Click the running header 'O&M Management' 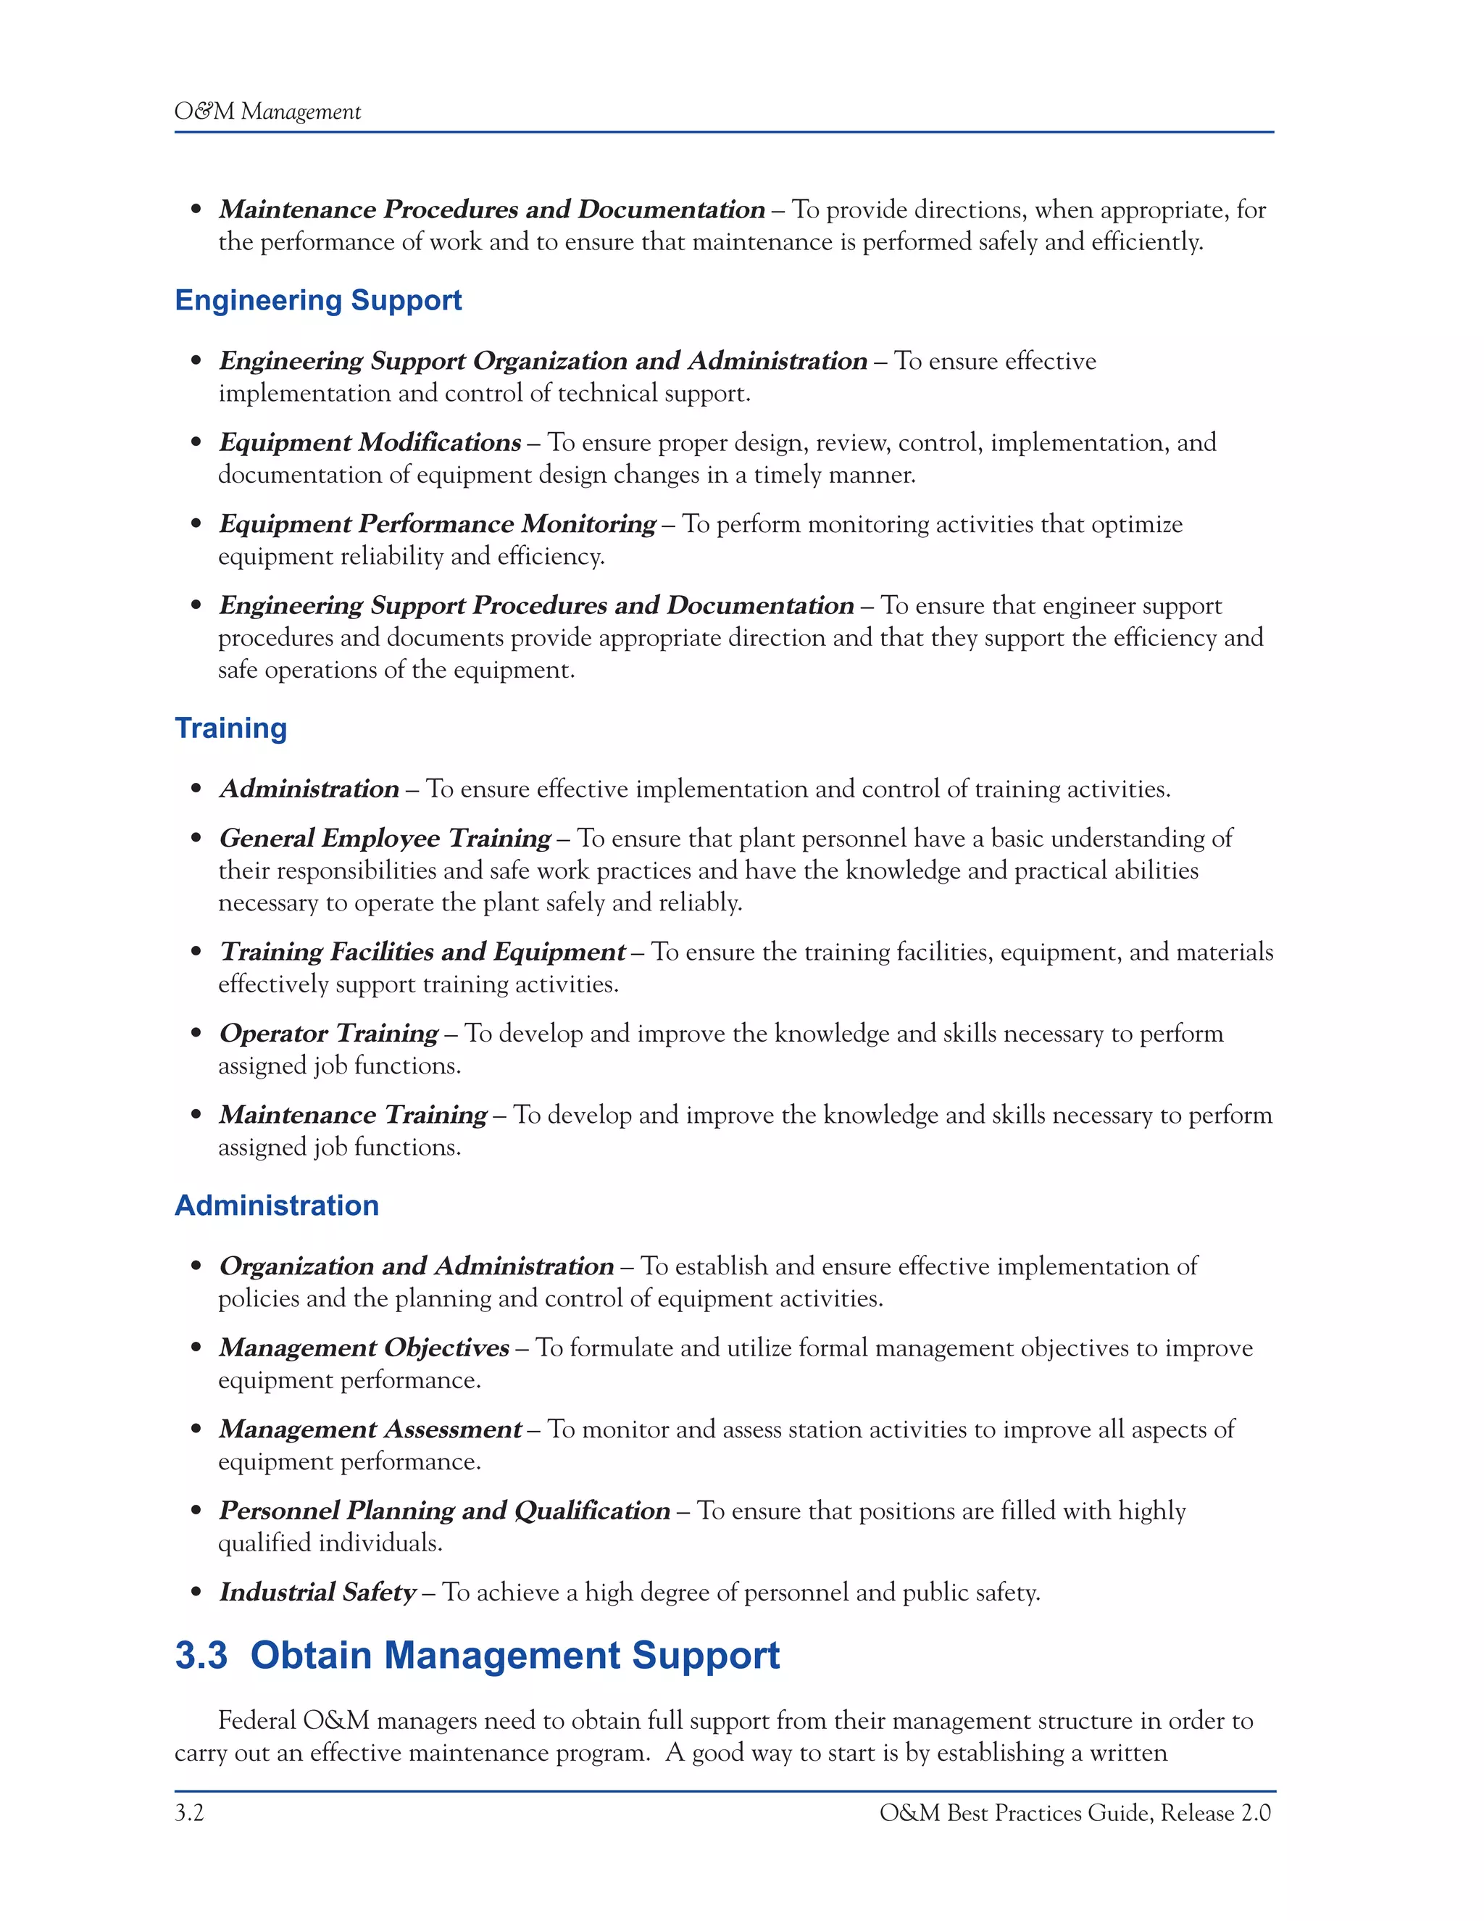pos(267,112)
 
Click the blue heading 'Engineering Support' pos(318,300)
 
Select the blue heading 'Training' pos(231,729)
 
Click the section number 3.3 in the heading pos(201,1656)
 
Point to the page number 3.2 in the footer pos(189,1812)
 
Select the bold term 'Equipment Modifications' pos(370,442)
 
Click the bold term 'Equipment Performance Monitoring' pos(437,524)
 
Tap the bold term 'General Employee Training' pos(385,838)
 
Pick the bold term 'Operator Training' pos(329,1034)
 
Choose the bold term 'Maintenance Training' pos(353,1116)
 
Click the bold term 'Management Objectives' pos(364,1348)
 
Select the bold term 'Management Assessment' pos(370,1430)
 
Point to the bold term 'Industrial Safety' pos(317,1592)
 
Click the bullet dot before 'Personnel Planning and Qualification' pos(196,1511)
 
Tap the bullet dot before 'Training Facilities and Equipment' pos(196,952)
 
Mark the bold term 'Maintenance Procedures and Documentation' pos(491,209)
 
